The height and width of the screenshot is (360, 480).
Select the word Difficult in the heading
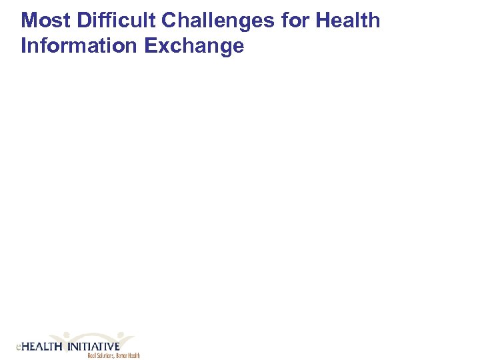tap(117, 21)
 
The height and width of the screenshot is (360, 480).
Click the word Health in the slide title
tap(348, 21)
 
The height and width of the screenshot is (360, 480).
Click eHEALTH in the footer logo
tap(39, 347)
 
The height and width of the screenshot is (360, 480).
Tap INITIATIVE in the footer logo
tap(93, 347)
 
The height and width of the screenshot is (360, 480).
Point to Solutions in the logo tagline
tap(107, 356)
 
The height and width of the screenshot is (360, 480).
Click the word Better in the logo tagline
tap(123, 356)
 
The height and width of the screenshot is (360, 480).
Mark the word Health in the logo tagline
tap(135, 356)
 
